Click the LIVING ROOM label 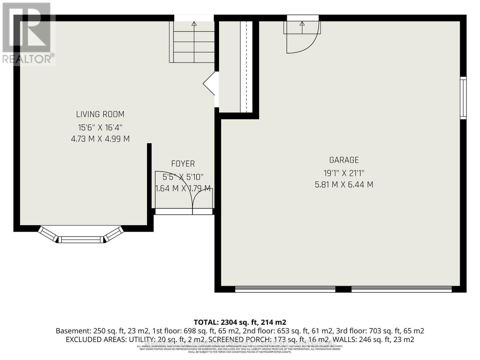click(x=100, y=114)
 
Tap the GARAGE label click(x=344, y=160)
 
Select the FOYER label click(x=183, y=164)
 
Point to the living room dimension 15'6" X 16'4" click(x=100, y=127)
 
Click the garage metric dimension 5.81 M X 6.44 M click(x=344, y=184)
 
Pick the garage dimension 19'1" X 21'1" click(x=344, y=173)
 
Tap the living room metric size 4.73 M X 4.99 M click(x=100, y=139)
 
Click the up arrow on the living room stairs click(x=194, y=24)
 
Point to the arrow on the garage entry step click(x=302, y=24)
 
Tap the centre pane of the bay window click(x=81, y=239)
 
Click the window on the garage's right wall click(x=463, y=98)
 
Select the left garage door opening click(x=285, y=289)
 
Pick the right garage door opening click(x=401, y=289)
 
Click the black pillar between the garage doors click(x=343, y=289)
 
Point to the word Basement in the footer click(x=72, y=331)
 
